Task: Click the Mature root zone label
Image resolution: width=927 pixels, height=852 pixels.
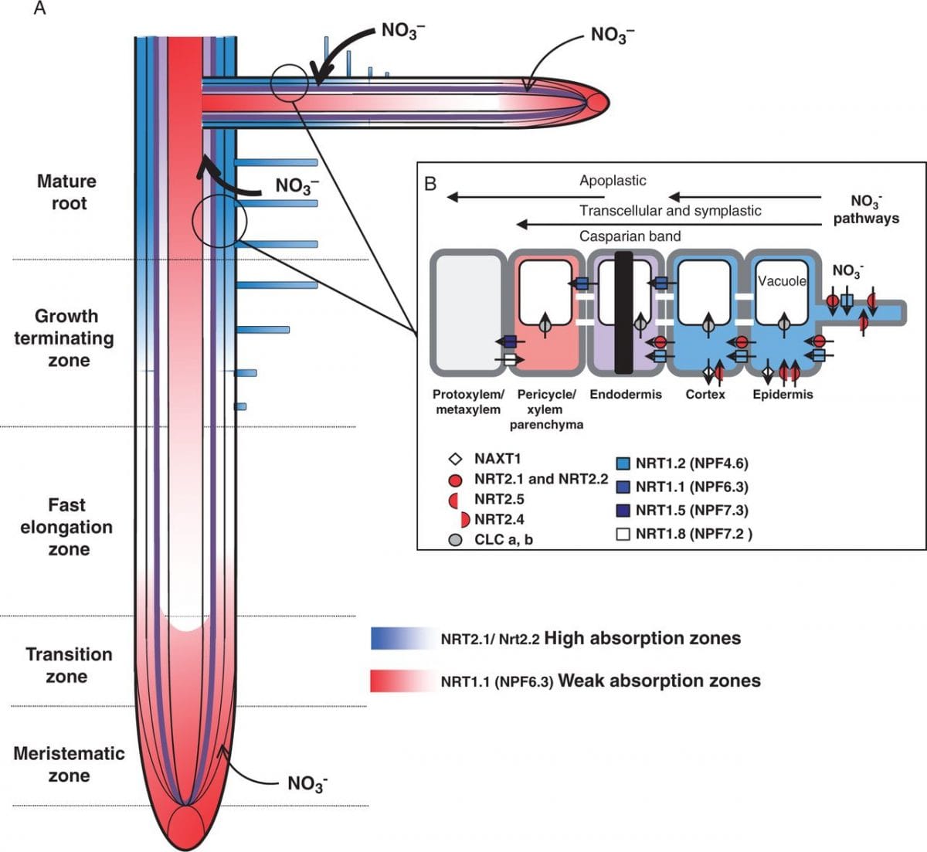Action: pos(67,192)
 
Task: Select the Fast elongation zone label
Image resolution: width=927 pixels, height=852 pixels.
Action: pos(66,527)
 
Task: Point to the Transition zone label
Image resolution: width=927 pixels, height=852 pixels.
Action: pos(68,665)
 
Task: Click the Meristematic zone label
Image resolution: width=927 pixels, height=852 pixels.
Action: pos(69,764)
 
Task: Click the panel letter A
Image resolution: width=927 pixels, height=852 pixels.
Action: pos(40,10)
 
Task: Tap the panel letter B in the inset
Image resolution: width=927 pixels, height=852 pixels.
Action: pos(430,184)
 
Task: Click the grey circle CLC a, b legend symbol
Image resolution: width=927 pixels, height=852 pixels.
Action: pos(456,540)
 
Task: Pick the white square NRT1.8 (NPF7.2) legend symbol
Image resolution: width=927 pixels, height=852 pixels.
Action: pos(623,534)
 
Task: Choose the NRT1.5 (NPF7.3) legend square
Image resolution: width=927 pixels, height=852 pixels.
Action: pos(623,511)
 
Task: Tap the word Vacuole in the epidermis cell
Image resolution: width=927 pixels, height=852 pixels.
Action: pos(781,281)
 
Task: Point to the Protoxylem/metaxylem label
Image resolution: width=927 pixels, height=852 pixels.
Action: pos(468,402)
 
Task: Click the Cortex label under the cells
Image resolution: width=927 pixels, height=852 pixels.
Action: pos(705,395)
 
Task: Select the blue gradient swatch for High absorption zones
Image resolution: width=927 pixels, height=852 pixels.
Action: pos(399,639)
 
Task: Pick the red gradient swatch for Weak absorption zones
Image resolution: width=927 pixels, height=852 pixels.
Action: pos(399,681)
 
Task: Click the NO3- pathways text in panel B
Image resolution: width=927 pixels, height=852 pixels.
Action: pos(866,210)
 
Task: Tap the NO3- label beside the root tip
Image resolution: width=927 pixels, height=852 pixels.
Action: pos(307,783)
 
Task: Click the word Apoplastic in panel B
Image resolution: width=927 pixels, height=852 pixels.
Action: pos(613,181)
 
